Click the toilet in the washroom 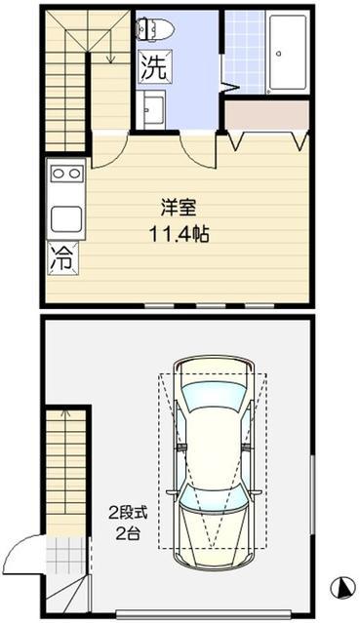tap(155, 28)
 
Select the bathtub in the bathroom tap(288, 52)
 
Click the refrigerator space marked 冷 tap(62, 258)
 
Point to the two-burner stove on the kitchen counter tap(66, 174)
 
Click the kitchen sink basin tap(66, 218)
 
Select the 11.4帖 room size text tap(179, 234)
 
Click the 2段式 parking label tap(128, 514)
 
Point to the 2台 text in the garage tap(128, 533)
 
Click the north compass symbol tap(342, 588)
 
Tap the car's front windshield tap(214, 396)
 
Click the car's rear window tap(213, 499)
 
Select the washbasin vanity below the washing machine tap(150, 109)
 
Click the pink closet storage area tap(267, 115)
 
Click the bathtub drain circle tap(278, 54)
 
